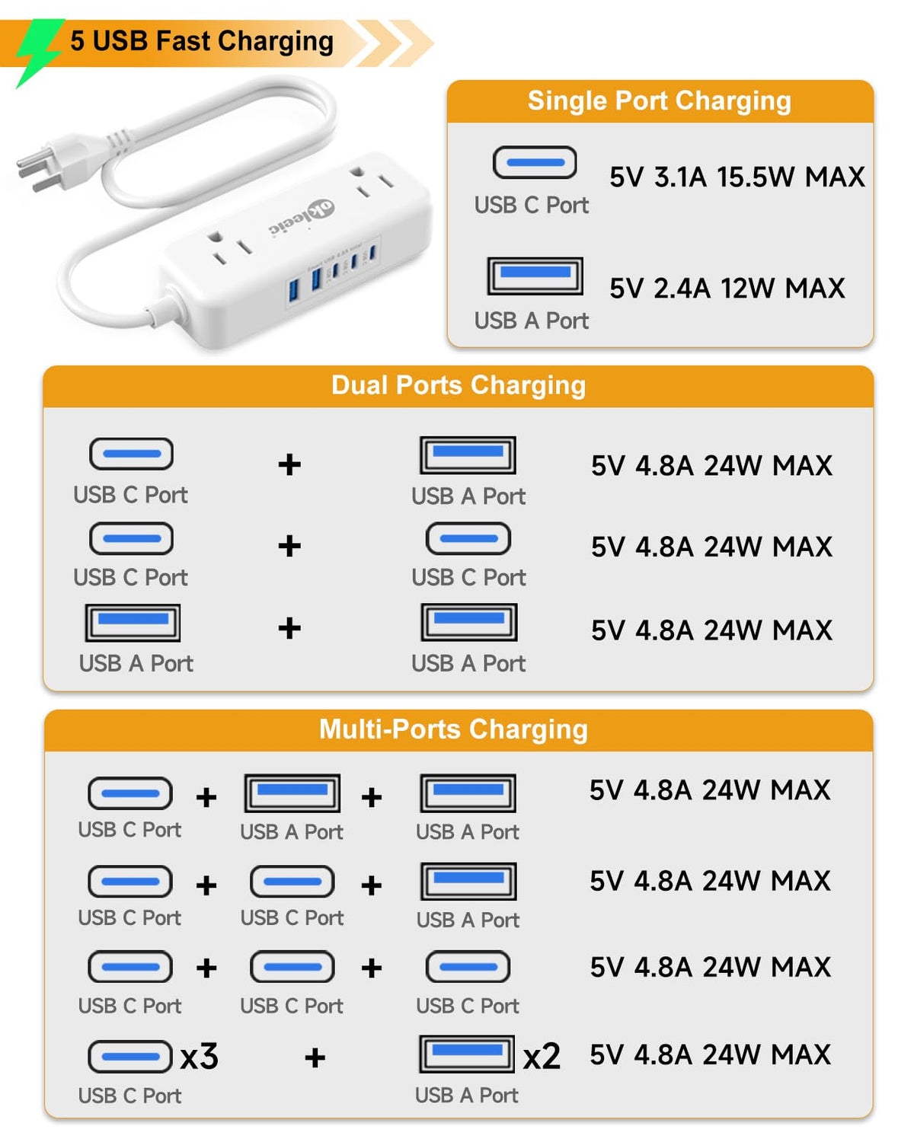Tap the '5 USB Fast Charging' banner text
(x=202, y=41)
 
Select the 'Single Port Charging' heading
(x=659, y=100)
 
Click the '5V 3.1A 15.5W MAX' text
(x=737, y=177)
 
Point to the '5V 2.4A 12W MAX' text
(x=727, y=289)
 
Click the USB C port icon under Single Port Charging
(x=534, y=162)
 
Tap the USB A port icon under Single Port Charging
(x=535, y=276)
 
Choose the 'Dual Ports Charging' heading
(x=459, y=385)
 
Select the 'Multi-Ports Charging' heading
(x=453, y=729)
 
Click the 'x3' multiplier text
(x=199, y=1056)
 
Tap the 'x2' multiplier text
(x=542, y=1056)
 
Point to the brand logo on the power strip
(x=302, y=217)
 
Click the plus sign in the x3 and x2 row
(x=315, y=1057)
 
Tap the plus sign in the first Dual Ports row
(x=289, y=465)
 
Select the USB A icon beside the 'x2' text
(x=467, y=1054)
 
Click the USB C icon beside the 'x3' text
(x=130, y=1056)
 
